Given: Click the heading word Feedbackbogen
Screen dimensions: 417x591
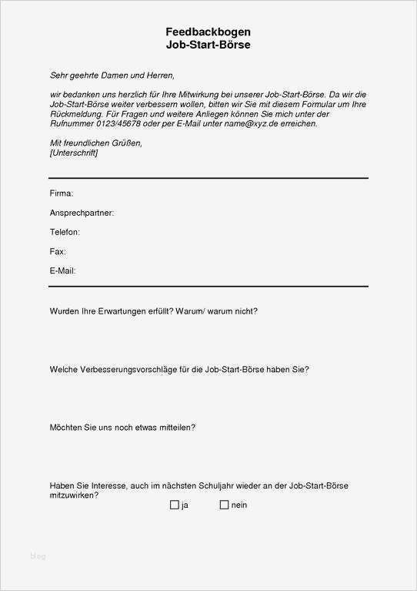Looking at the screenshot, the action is pos(208,32).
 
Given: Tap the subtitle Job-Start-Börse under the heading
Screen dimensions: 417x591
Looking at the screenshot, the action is pos(208,45).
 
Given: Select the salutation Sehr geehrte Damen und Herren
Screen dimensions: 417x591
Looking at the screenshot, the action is pos(112,76).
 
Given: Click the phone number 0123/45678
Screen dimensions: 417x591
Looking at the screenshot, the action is pos(118,123).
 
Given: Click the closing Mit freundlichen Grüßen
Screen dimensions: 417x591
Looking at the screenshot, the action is pos(96,143).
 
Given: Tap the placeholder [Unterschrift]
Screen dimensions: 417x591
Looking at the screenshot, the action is pos(74,153).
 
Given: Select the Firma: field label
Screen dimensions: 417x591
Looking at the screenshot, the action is pos(62,193).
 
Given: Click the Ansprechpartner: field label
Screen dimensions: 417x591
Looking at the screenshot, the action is pos(82,213).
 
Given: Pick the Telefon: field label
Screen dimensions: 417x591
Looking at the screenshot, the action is pos(65,232).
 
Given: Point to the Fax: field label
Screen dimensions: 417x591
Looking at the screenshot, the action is pos(58,251).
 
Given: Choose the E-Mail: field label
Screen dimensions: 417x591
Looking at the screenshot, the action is pos(62,270).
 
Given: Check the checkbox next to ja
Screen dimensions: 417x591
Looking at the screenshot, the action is pos(174,505).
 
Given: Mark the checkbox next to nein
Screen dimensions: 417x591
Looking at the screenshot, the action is pos(224,505).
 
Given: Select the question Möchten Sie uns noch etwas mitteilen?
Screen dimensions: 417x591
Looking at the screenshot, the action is pos(122,427).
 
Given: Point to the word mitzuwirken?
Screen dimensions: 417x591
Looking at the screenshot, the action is pos(74,495).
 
